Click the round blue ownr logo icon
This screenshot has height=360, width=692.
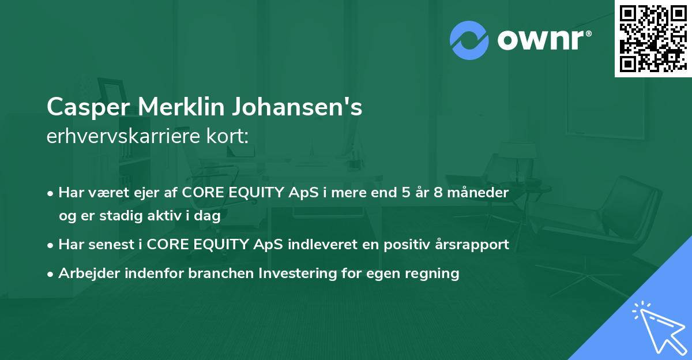469,39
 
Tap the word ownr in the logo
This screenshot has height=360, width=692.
544,40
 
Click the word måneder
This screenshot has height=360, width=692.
480,193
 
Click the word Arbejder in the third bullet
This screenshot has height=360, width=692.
85,273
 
